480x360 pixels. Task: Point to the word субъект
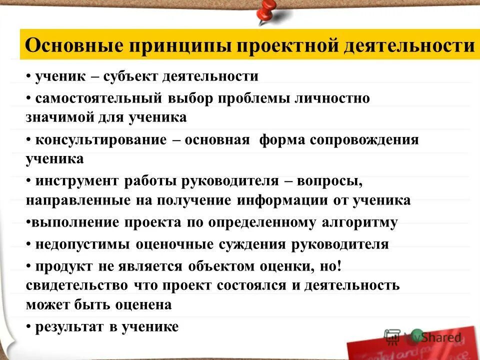pos(133,76)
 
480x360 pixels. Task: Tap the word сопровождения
pos(364,140)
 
